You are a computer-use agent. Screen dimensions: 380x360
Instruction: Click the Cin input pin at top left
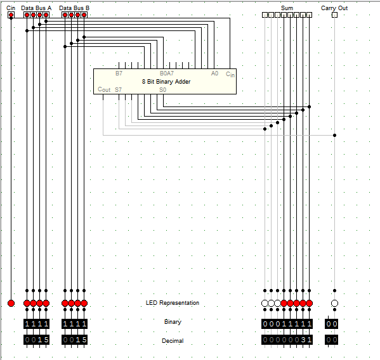pos(11,15)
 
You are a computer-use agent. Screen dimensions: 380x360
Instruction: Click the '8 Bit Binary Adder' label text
pos(166,82)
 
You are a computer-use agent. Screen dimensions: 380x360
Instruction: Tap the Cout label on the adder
pos(104,89)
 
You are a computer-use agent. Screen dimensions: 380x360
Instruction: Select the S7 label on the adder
pos(118,90)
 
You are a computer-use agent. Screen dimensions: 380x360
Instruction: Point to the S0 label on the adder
pos(162,90)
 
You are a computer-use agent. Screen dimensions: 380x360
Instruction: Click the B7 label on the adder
pos(119,74)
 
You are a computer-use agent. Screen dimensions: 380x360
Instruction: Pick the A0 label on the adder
pos(214,74)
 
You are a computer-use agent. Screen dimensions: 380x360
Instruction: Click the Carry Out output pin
pos(334,15)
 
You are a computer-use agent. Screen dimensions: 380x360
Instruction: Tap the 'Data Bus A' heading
pos(36,8)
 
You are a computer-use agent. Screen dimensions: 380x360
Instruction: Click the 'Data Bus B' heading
pos(74,8)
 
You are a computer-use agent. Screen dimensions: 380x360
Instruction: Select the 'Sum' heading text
pos(287,8)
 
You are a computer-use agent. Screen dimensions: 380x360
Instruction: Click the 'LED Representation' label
pos(173,303)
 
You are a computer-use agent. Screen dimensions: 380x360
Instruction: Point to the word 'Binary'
pos(173,322)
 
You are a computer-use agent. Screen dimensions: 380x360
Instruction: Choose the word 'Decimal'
pos(173,341)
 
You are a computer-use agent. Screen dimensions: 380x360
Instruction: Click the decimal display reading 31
pos(287,340)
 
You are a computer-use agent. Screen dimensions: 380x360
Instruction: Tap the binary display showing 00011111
pos(287,324)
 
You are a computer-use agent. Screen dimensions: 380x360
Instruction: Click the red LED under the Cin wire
pos(11,303)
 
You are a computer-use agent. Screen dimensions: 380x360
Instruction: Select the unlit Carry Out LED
pos(334,303)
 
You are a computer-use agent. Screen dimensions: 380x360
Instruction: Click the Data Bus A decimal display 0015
pos(36,340)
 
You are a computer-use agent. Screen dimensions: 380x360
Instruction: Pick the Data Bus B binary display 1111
pos(74,324)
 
